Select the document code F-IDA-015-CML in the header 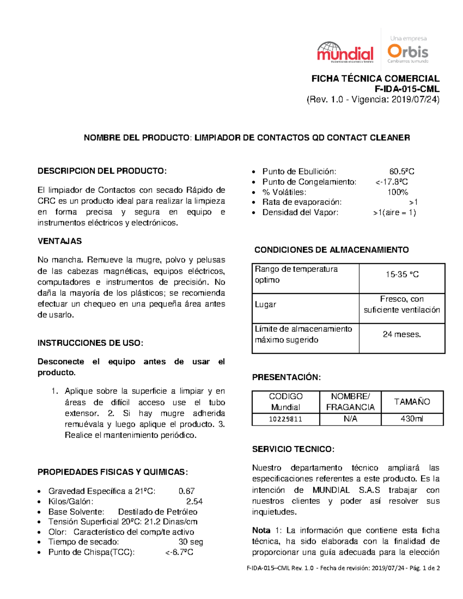(407, 89)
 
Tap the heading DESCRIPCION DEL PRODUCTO (102, 171)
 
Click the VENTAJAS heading (59, 241)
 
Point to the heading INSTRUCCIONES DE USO (90, 343)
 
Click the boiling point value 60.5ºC (402, 172)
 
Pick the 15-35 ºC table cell (402, 275)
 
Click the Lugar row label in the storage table (265, 304)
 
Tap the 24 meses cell (402, 334)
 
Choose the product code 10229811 (286, 419)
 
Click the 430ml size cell (412, 419)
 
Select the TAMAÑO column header (412, 402)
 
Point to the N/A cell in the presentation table (350, 419)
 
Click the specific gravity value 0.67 (186, 491)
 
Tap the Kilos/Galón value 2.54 (194, 501)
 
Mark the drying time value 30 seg (191, 542)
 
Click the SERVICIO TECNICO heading (293, 449)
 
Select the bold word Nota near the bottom (261, 530)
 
